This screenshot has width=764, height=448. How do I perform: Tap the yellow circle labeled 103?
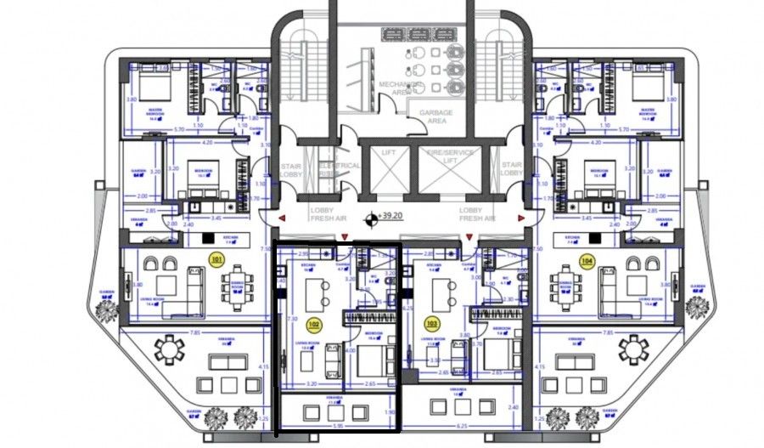click(x=431, y=324)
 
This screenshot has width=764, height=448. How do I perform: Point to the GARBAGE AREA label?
click(x=435, y=116)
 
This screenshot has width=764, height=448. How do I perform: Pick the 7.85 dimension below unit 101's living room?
click(x=195, y=332)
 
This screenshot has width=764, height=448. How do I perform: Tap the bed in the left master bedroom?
click(x=154, y=87)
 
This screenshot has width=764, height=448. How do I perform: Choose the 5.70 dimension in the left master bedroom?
click(x=180, y=129)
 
